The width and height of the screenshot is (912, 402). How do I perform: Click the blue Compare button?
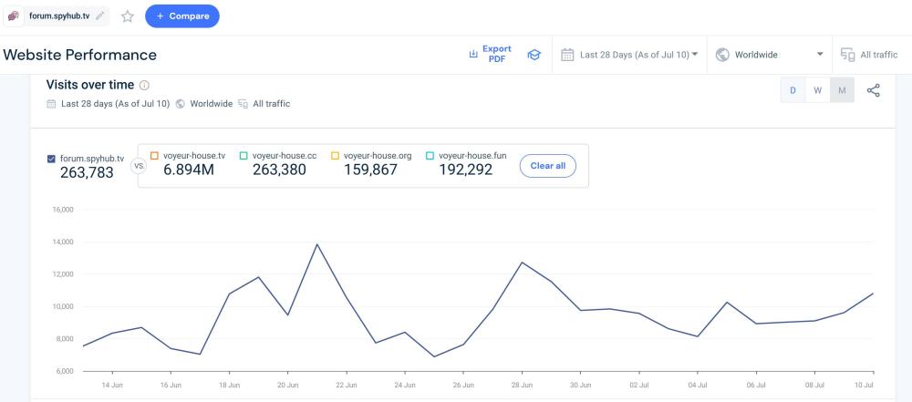(x=181, y=16)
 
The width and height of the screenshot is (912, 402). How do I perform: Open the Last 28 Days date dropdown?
(x=629, y=55)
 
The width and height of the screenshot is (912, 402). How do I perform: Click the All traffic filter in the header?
(x=869, y=55)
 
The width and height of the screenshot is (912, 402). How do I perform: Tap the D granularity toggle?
(x=793, y=90)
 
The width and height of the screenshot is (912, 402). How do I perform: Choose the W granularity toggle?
(x=818, y=90)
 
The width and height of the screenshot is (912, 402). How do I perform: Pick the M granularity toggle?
(x=842, y=90)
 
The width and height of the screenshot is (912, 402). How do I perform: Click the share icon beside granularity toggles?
(x=873, y=90)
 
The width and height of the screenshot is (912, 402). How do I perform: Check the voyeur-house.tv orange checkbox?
(x=154, y=156)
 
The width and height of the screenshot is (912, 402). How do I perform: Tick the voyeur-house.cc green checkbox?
(x=244, y=156)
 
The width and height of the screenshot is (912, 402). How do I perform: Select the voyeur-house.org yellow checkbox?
(x=335, y=156)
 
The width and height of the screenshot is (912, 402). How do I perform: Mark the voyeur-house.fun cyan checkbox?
(x=430, y=156)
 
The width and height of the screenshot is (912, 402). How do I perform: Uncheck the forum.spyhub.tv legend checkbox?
(x=51, y=159)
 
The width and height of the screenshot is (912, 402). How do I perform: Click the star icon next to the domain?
(x=128, y=16)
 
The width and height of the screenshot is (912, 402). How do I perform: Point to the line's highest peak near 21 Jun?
(x=316, y=244)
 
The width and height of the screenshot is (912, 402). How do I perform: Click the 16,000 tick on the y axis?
(x=63, y=210)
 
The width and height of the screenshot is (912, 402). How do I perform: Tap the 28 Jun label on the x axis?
(x=522, y=385)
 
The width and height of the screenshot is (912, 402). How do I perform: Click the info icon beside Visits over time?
(x=145, y=85)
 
